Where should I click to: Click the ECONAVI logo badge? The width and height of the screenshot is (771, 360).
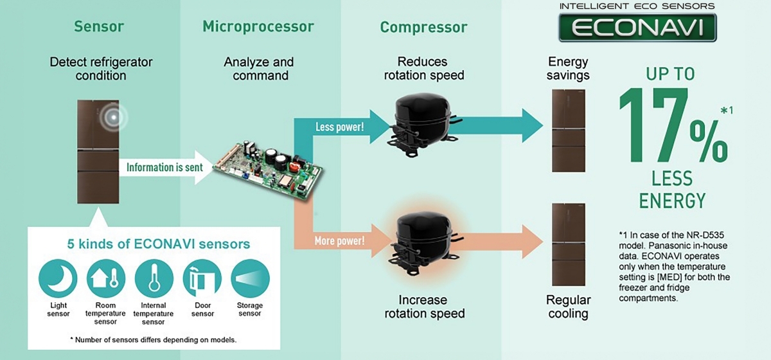(x=637, y=28)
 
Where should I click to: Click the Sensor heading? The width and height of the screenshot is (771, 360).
(x=99, y=27)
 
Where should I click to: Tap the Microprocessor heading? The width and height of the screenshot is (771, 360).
(x=258, y=27)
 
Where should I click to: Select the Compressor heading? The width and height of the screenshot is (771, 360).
(x=424, y=28)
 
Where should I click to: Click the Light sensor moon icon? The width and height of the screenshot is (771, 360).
(x=58, y=278)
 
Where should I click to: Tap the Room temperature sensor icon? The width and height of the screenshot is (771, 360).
(x=105, y=278)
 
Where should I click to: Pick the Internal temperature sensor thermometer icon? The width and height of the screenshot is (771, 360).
(x=154, y=278)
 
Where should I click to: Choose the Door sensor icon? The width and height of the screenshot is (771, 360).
(x=202, y=278)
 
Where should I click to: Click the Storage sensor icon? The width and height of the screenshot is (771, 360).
(x=250, y=278)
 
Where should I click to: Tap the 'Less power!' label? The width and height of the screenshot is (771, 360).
(x=339, y=127)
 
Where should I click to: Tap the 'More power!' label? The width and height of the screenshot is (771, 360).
(x=339, y=242)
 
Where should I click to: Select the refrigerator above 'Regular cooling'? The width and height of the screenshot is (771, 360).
(x=569, y=244)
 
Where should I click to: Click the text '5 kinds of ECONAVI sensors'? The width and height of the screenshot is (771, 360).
(x=159, y=244)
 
